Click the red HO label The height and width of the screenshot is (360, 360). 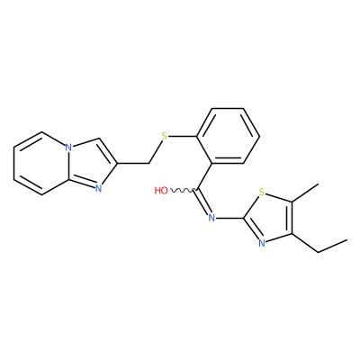[x=161, y=191]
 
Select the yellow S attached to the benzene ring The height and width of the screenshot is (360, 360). [x=164, y=136]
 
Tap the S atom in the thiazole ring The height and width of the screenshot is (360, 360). [x=261, y=192]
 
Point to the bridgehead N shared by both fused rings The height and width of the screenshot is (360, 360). [x=68, y=148]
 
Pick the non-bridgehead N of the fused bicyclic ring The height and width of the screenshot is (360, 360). [x=98, y=188]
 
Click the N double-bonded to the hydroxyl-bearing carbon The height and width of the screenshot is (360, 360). [x=211, y=217]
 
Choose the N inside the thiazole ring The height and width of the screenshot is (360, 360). [x=261, y=243]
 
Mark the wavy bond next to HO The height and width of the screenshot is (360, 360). [x=183, y=190]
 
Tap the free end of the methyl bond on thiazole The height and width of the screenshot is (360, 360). [x=318, y=184]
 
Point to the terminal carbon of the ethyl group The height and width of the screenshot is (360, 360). [x=347, y=239]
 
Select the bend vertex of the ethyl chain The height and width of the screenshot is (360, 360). [x=318, y=252]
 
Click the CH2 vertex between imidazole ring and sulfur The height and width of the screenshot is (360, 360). [x=149, y=164]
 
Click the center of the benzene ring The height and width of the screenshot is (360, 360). [x=228, y=136]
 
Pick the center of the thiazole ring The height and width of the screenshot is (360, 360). [x=273, y=218]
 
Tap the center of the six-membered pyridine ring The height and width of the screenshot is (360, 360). [x=41, y=164]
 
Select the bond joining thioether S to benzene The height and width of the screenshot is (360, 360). [x=182, y=136]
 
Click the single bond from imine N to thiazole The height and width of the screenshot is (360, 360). [x=229, y=218]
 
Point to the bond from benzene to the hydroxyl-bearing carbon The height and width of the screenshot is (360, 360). [x=205, y=176]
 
